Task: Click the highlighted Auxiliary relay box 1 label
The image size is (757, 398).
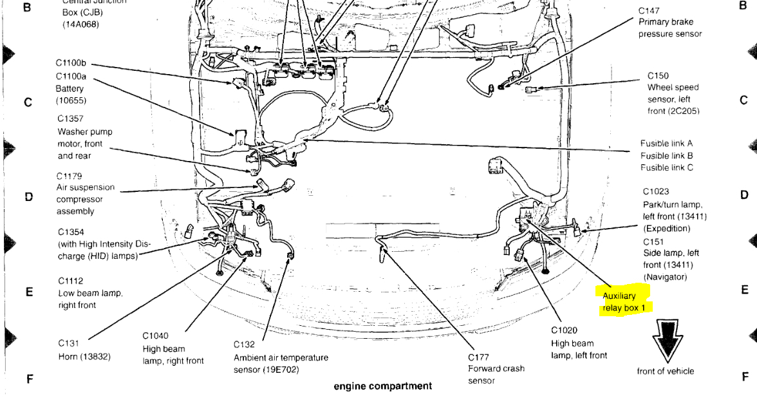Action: point(623,301)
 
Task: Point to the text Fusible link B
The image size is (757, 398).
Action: point(666,155)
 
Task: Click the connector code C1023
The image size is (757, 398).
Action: point(656,192)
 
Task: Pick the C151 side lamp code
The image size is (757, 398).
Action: point(653,241)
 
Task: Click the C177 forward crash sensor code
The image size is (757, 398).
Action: point(479,357)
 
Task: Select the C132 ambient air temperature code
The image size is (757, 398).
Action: point(245,345)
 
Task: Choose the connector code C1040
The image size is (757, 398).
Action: point(155,336)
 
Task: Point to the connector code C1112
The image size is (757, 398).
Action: point(70,281)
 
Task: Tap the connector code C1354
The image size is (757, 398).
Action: point(70,232)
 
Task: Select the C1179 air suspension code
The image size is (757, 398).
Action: point(70,176)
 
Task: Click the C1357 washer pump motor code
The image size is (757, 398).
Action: point(70,119)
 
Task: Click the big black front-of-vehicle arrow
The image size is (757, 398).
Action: point(665,339)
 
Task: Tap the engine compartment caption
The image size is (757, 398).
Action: point(382,386)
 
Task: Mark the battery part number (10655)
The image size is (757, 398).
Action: point(71,101)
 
